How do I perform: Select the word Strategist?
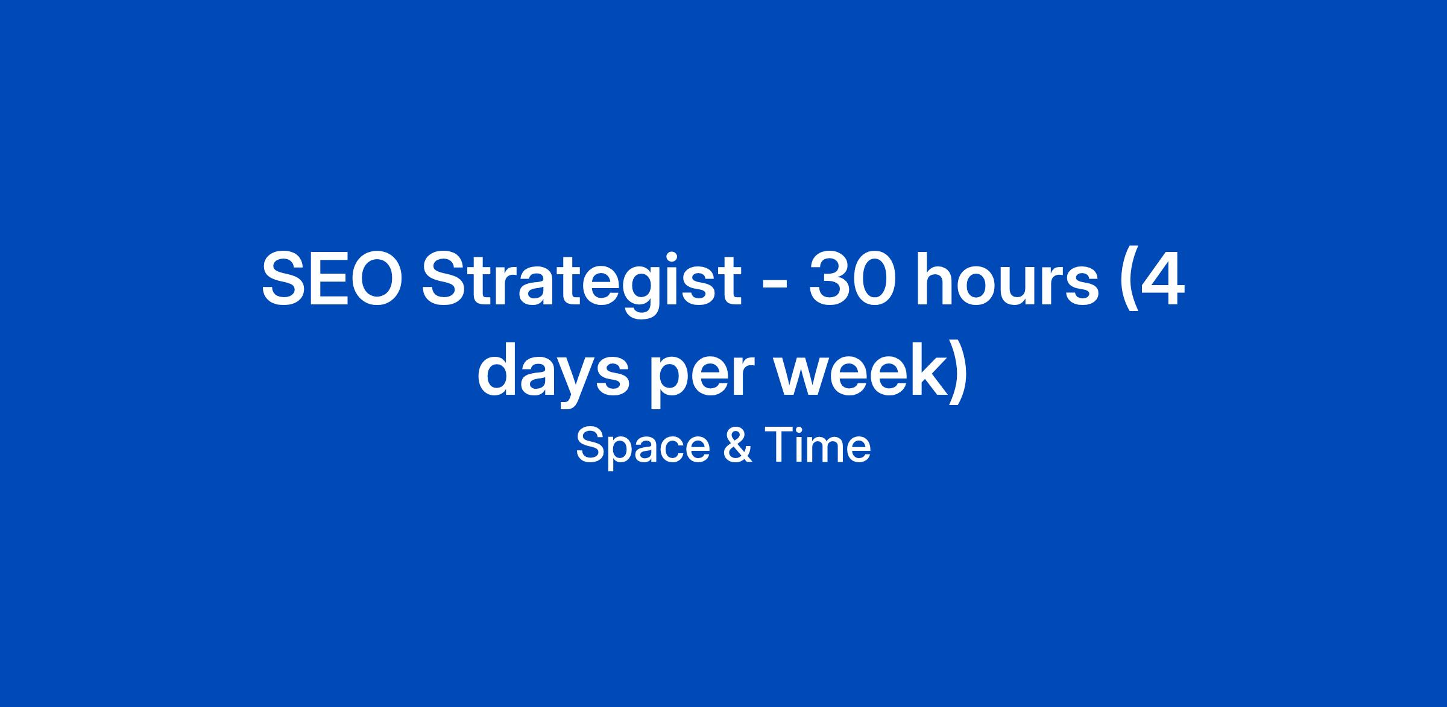point(582,286)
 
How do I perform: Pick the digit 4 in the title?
point(1162,281)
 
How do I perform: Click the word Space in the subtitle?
point(643,447)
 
